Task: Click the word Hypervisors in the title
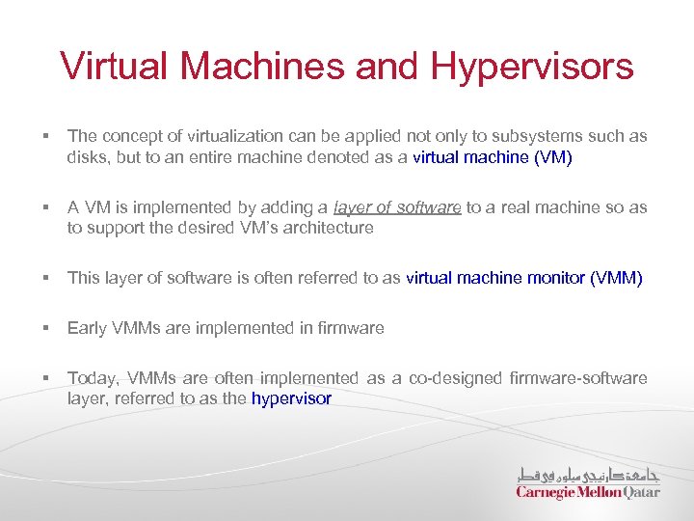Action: pyautogui.click(x=532, y=68)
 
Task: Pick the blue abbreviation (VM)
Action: pyautogui.click(x=552, y=156)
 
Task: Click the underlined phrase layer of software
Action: pyautogui.click(x=397, y=207)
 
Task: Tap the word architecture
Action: pyautogui.click(x=324, y=228)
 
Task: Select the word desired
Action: pyautogui.click(x=199, y=228)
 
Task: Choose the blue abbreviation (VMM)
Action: pyautogui.click(x=616, y=278)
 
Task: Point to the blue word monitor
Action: pyautogui.click(x=556, y=278)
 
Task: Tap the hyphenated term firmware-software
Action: pyautogui.click(x=575, y=378)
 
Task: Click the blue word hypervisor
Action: pyautogui.click(x=291, y=398)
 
